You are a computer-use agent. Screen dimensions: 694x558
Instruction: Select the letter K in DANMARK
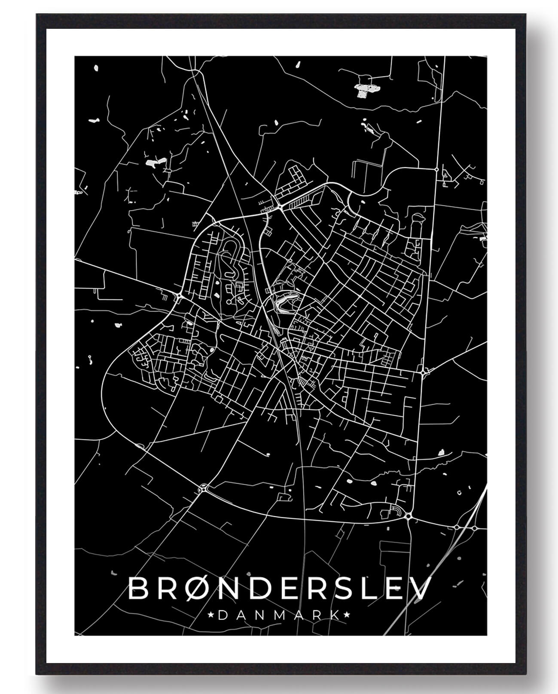click(334, 615)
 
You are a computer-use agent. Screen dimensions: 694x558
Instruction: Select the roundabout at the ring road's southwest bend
click(203, 488)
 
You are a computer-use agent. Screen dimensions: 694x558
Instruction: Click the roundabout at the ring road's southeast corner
click(408, 516)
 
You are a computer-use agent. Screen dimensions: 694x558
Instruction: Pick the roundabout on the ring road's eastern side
click(424, 371)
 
